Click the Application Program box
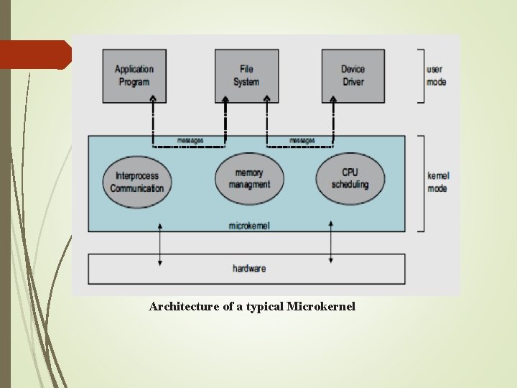point(134,75)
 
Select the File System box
point(246,75)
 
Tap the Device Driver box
point(353,75)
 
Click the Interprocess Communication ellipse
point(136,182)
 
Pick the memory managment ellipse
point(249,178)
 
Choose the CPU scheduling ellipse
point(350,178)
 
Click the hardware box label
point(249,269)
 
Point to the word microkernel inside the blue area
point(249,226)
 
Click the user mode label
point(435,75)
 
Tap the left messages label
point(190,139)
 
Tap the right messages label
point(302,139)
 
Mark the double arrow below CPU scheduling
point(330,243)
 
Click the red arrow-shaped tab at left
point(34,55)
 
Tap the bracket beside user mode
point(421,75)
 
